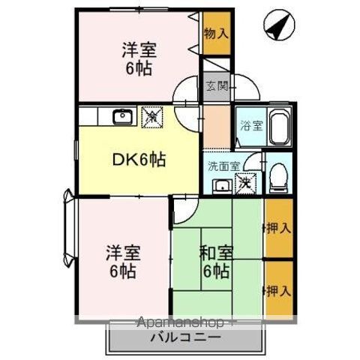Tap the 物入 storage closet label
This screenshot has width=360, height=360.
[216, 33]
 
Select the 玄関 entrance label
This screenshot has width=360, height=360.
[214, 84]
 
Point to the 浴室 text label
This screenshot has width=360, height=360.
[250, 126]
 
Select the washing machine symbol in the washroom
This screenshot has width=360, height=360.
[245, 181]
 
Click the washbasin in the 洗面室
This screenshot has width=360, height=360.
[221, 185]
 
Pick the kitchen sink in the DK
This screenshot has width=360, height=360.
[121, 117]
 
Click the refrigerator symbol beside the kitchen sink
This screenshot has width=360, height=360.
[151, 116]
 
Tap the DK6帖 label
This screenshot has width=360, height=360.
[139, 159]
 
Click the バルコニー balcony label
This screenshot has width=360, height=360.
[184, 337]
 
